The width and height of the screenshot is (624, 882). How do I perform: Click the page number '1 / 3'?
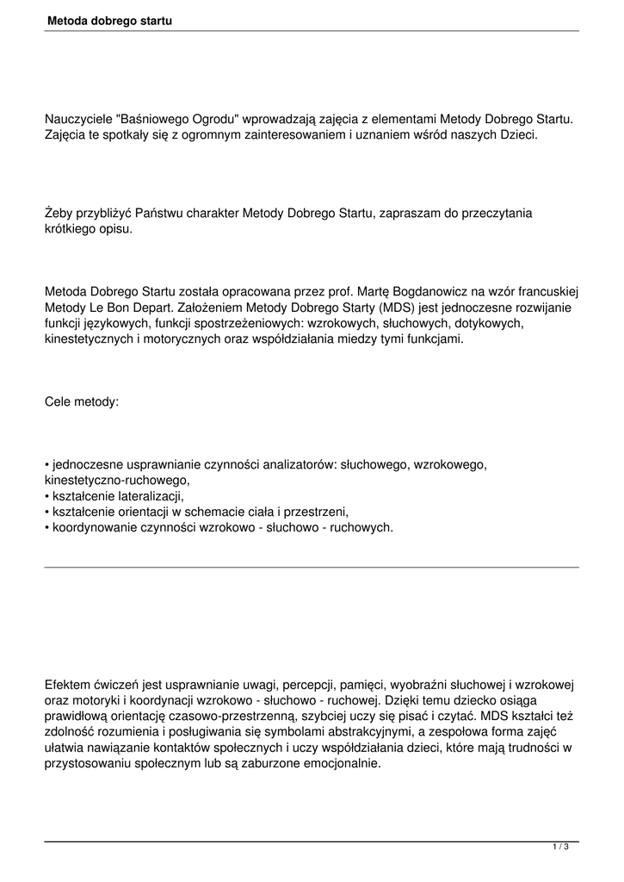[x=560, y=848]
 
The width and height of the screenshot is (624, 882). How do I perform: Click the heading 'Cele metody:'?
[x=82, y=401]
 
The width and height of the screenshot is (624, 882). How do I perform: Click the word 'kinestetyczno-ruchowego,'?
[x=117, y=480]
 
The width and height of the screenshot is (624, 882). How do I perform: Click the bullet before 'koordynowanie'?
[x=47, y=527]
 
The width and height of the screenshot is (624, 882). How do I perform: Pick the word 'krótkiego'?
[x=73, y=229]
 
